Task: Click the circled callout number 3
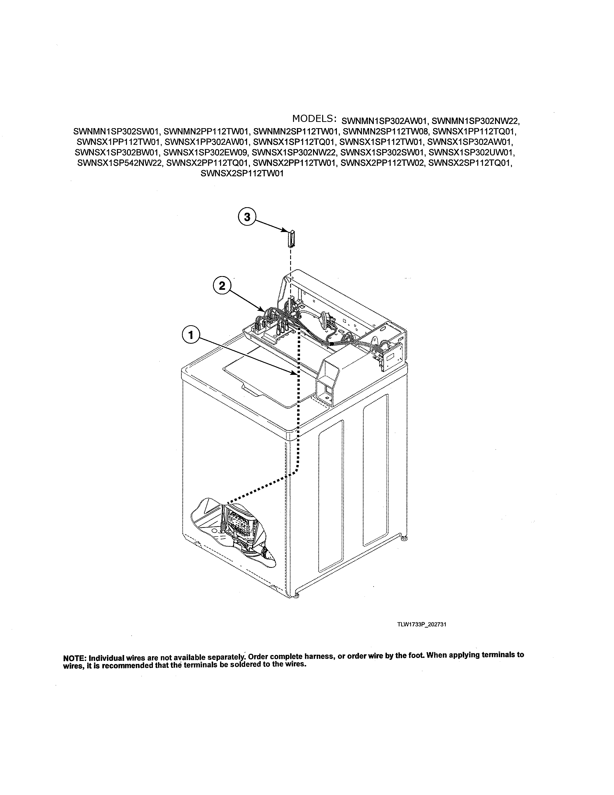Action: (x=247, y=217)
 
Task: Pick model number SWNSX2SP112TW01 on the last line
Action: (x=242, y=174)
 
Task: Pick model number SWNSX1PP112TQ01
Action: (x=475, y=131)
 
